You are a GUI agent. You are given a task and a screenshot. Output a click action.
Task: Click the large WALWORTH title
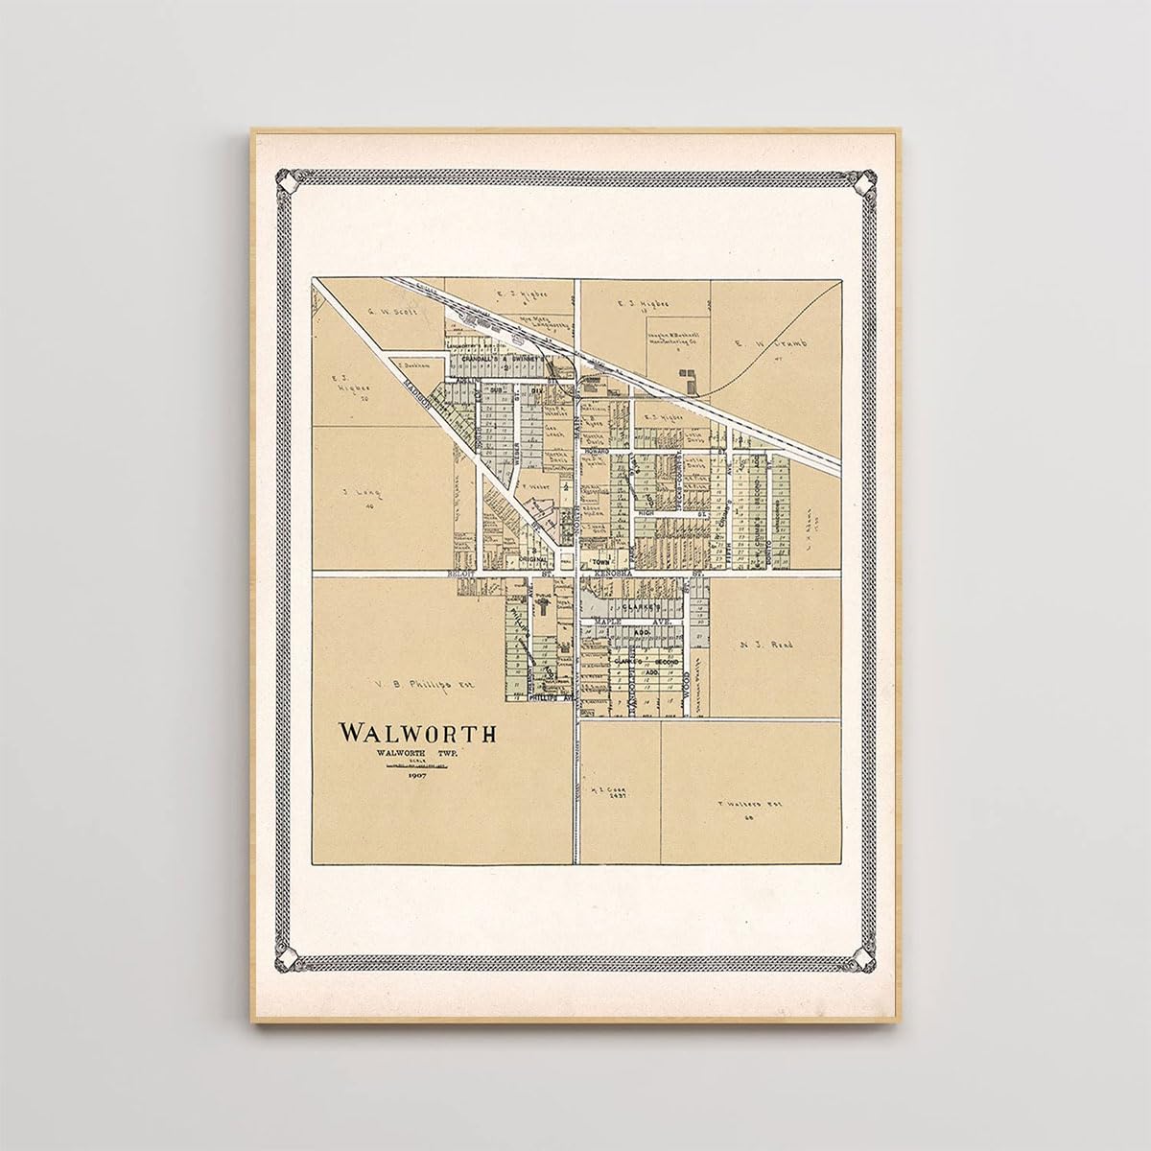click(417, 734)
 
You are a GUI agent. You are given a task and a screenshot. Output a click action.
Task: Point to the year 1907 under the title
click(417, 775)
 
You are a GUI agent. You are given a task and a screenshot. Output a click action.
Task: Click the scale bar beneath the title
click(417, 765)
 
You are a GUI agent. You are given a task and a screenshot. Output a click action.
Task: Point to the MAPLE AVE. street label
click(621, 622)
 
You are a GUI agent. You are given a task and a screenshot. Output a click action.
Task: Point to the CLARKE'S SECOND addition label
click(644, 661)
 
